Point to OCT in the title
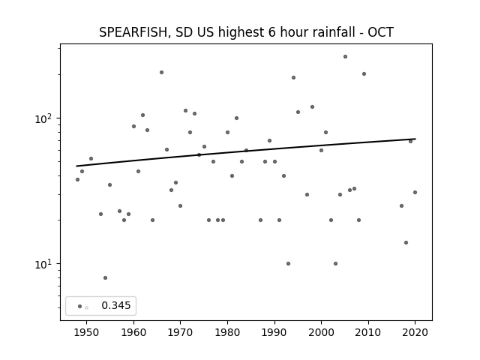click(x=380, y=32)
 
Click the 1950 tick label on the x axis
click(x=87, y=332)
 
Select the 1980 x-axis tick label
click(x=227, y=332)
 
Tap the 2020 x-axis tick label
click(x=415, y=332)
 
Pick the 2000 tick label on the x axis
click(x=321, y=332)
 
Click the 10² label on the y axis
click(x=44, y=118)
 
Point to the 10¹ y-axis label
click(x=44, y=264)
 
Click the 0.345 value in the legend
click(x=116, y=305)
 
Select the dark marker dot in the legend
click(x=80, y=306)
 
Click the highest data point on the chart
click(x=345, y=57)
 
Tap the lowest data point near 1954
click(x=105, y=278)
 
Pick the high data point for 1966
click(x=162, y=73)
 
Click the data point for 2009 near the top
click(x=364, y=73)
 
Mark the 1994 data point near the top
click(x=293, y=78)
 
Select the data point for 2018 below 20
click(x=406, y=243)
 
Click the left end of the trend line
click(x=76, y=166)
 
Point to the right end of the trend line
click(x=415, y=139)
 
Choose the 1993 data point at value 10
click(x=288, y=263)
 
